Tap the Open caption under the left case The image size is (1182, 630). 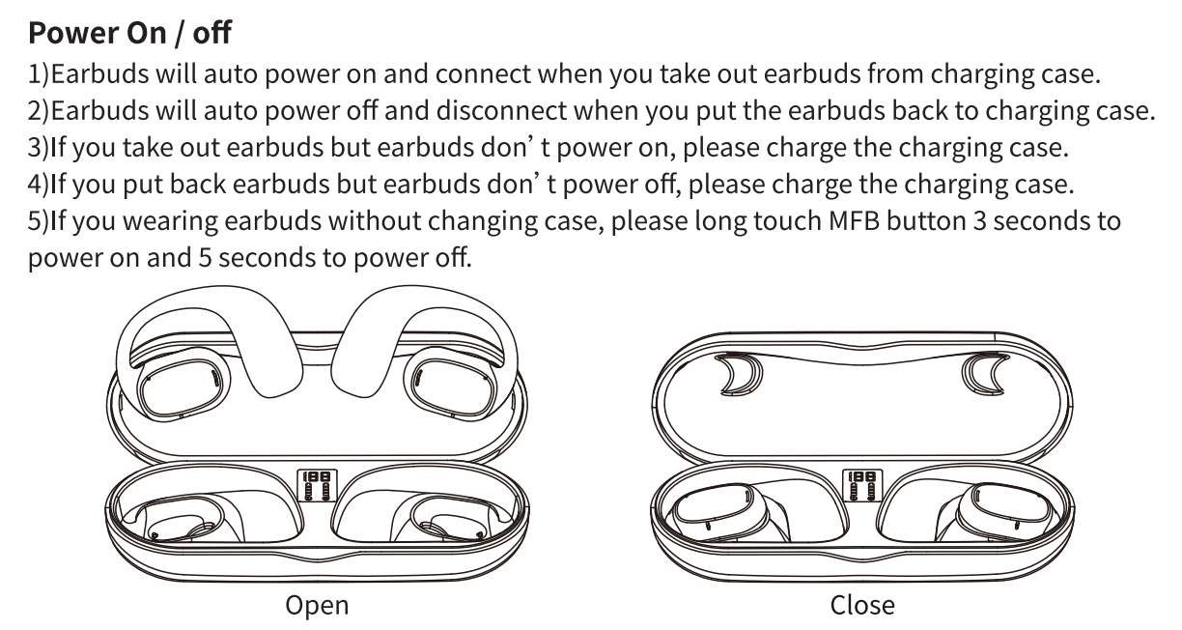click(317, 606)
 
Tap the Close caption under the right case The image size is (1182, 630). click(862, 606)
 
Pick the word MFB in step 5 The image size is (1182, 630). click(854, 221)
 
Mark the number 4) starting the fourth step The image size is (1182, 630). click(40, 185)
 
